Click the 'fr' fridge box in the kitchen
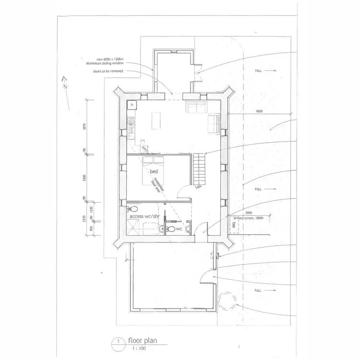coord(131,104)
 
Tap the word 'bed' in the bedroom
coord(154,171)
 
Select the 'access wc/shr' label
coord(144,216)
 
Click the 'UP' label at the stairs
coord(197,187)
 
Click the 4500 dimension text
coord(259,111)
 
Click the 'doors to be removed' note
coord(108,71)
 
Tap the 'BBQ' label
coord(235,224)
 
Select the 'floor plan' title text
coord(143,341)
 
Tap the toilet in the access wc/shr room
coord(134,210)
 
